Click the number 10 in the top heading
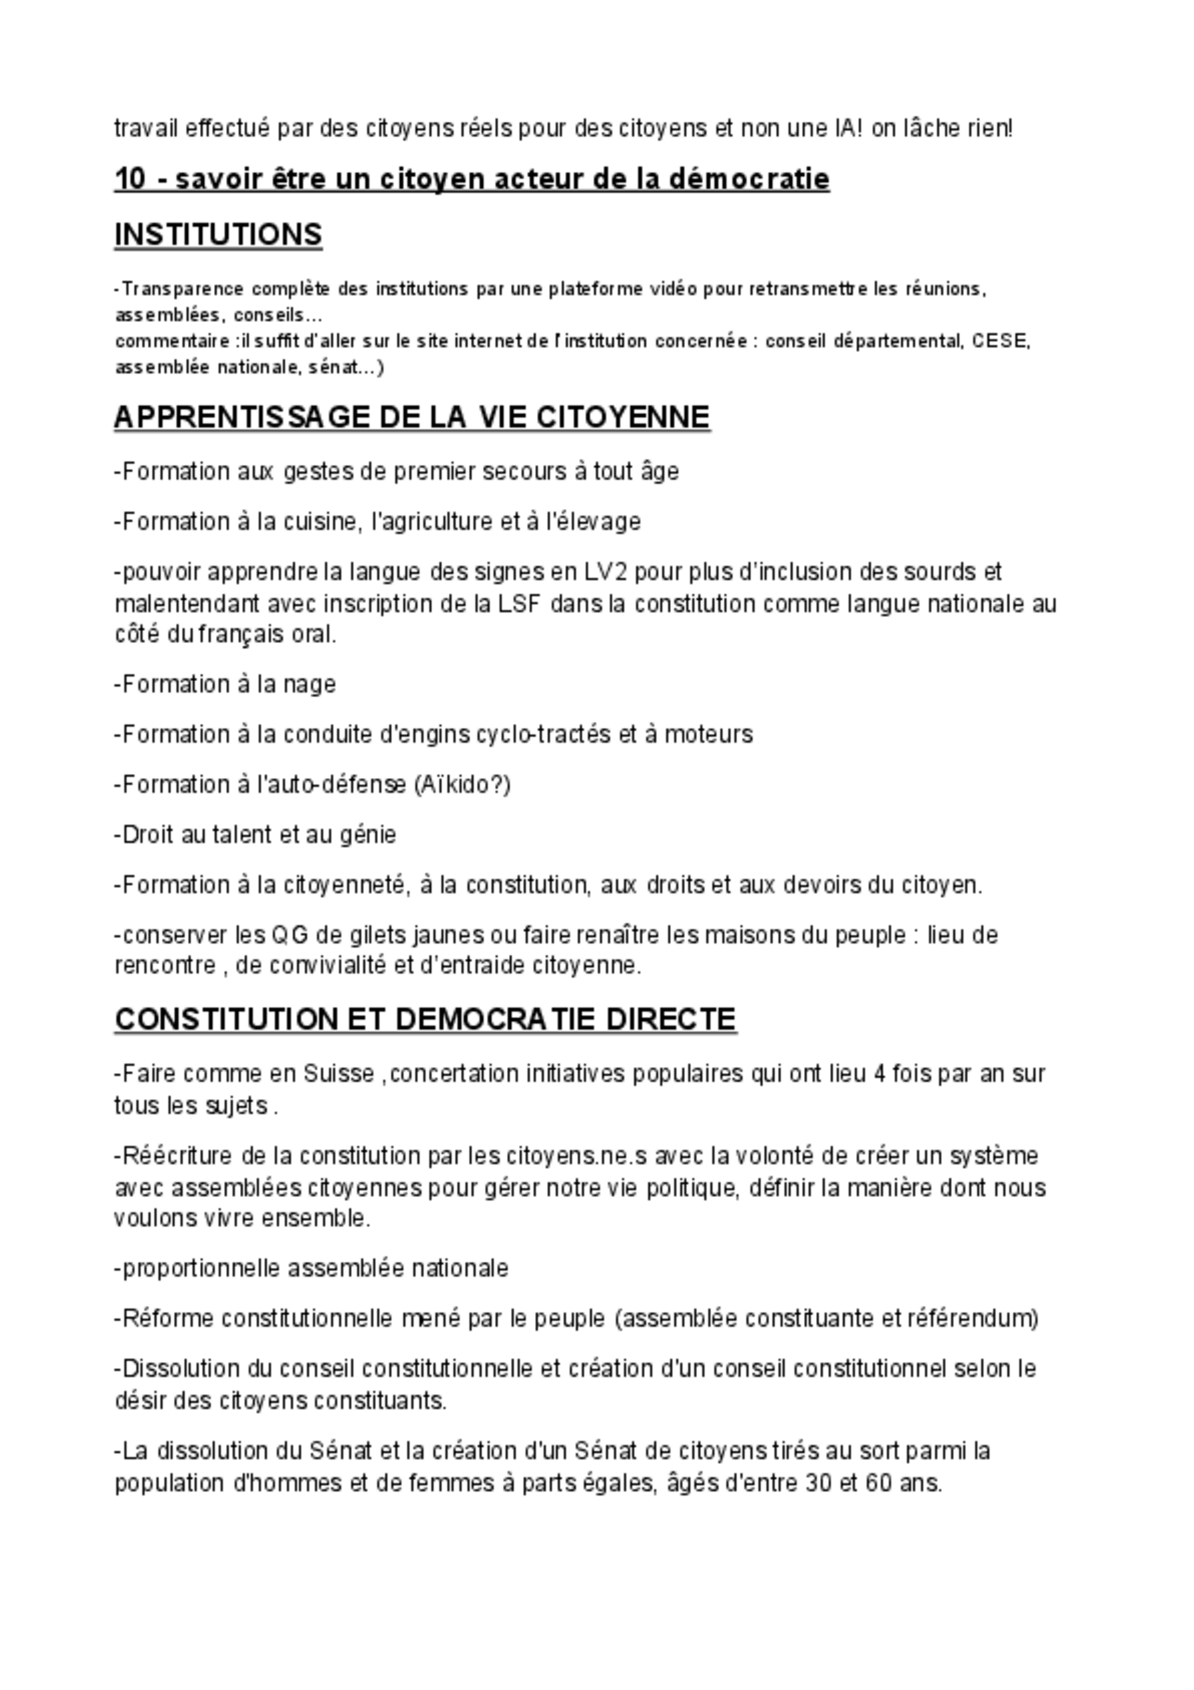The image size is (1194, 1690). pos(130,179)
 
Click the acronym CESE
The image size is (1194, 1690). pos(1001,342)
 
